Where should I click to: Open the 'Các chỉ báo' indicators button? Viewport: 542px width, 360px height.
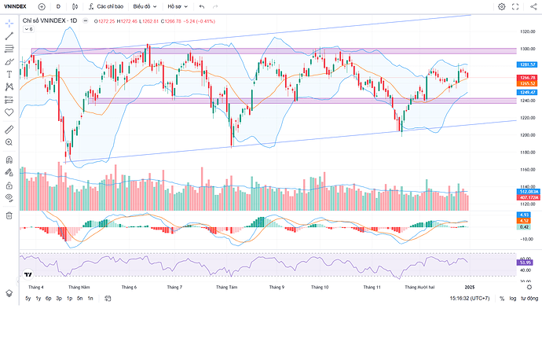click(104, 6)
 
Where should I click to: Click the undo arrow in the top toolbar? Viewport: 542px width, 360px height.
click(202, 6)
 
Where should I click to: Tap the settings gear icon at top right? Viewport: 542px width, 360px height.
click(502, 6)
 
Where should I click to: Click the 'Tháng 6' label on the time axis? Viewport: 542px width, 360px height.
click(129, 288)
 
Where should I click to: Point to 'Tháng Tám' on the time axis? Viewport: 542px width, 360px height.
click(226, 288)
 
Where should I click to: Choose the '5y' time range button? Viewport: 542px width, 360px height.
click(28, 299)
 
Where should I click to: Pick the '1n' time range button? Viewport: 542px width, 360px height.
click(90, 299)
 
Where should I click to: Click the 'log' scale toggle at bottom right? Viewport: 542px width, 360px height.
click(513, 299)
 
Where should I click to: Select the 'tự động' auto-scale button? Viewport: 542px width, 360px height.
click(531, 299)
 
